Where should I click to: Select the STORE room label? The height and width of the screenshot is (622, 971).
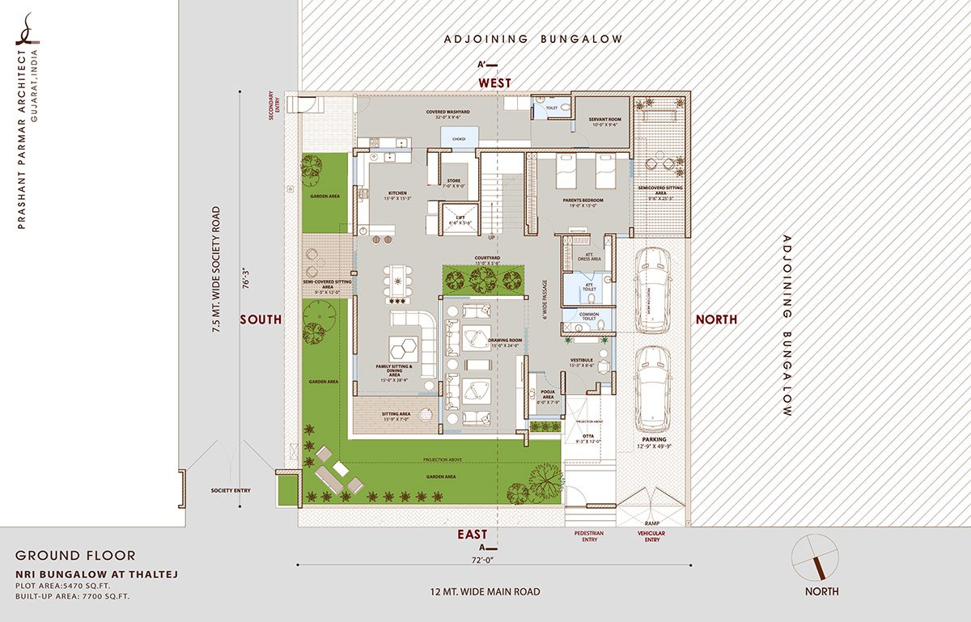[x=454, y=180]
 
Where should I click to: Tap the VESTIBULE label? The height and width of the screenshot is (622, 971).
[x=583, y=360]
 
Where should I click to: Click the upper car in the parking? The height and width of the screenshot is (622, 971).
[x=652, y=290]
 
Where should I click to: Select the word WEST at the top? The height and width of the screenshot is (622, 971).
[x=494, y=83]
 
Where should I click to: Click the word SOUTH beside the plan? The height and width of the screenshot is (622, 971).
[x=261, y=319]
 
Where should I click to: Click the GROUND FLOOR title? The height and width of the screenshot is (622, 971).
[x=75, y=556]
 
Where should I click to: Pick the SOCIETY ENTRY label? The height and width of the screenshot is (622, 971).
[x=230, y=490]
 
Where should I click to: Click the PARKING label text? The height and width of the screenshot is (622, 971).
[x=654, y=439]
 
